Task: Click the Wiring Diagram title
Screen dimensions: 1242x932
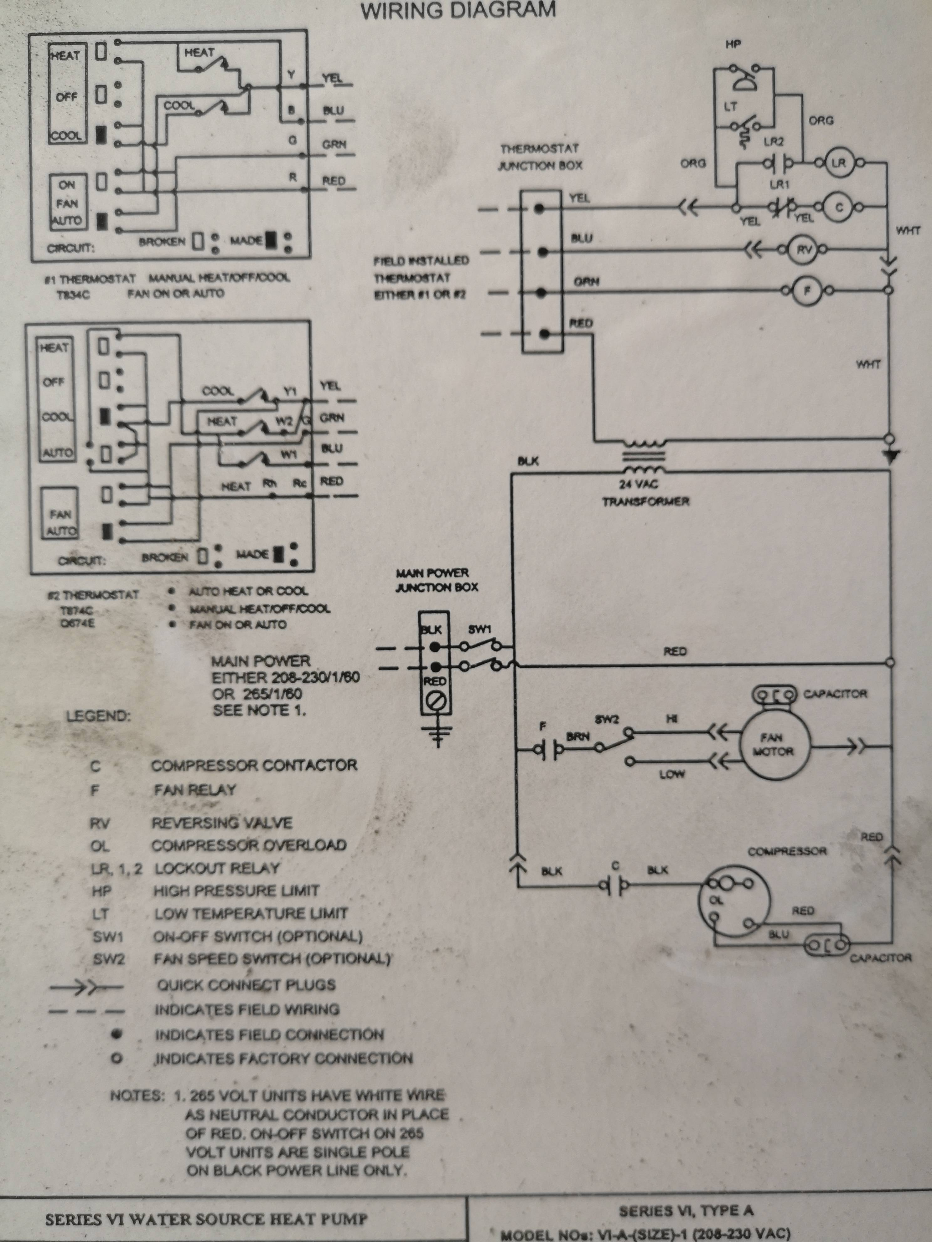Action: pyautogui.click(x=458, y=10)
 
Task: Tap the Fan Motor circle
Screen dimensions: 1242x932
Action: pyautogui.click(x=776, y=745)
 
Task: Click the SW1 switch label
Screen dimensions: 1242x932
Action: pyautogui.click(x=479, y=629)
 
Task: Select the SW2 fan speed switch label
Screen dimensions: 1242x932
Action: pyautogui.click(x=607, y=719)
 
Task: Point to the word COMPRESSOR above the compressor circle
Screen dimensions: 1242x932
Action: pyautogui.click(x=786, y=851)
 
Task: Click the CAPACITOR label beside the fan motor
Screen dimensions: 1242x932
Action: pyautogui.click(x=835, y=694)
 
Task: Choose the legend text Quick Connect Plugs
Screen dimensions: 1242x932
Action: pyautogui.click(x=246, y=985)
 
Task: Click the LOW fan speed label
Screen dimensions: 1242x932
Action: pyautogui.click(x=672, y=774)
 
